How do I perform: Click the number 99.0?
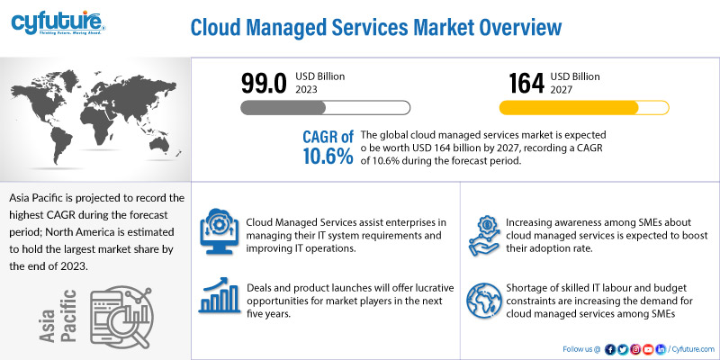click(264, 83)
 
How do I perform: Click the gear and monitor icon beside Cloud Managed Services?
click(219, 229)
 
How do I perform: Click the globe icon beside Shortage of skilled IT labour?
click(484, 298)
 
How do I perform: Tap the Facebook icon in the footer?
click(610, 348)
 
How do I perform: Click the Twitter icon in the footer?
click(623, 348)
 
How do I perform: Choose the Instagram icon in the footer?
click(635, 348)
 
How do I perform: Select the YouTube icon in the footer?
click(648, 348)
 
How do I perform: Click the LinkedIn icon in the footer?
click(661, 348)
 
